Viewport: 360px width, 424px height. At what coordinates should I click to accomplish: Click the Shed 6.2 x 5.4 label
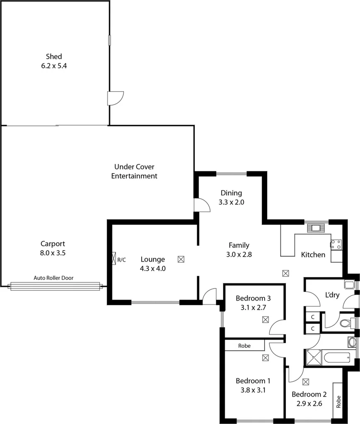click(x=54, y=60)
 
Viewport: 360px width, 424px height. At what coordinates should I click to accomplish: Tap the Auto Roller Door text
click(x=53, y=278)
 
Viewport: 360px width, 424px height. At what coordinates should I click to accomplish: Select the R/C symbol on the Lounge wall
click(x=114, y=259)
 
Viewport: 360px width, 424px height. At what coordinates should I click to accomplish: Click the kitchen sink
click(x=317, y=228)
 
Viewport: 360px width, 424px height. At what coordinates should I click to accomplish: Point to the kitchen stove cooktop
click(x=336, y=244)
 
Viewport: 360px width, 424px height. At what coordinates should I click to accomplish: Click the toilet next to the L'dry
click(x=345, y=323)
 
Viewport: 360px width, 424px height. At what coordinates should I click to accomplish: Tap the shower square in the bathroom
click(x=314, y=357)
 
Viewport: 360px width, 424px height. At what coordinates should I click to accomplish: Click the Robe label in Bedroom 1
click(x=244, y=345)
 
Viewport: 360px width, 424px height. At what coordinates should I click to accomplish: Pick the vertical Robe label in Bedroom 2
click(x=338, y=402)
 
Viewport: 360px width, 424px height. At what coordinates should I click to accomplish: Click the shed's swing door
click(x=115, y=98)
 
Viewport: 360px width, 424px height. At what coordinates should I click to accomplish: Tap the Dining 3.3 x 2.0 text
click(x=231, y=198)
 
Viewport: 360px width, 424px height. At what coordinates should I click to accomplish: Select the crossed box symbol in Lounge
click(x=181, y=259)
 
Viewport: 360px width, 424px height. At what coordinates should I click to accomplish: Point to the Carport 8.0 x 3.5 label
click(x=53, y=248)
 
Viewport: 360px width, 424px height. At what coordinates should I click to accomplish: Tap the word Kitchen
click(x=313, y=255)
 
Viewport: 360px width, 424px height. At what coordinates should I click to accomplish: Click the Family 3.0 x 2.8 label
click(x=239, y=250)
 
